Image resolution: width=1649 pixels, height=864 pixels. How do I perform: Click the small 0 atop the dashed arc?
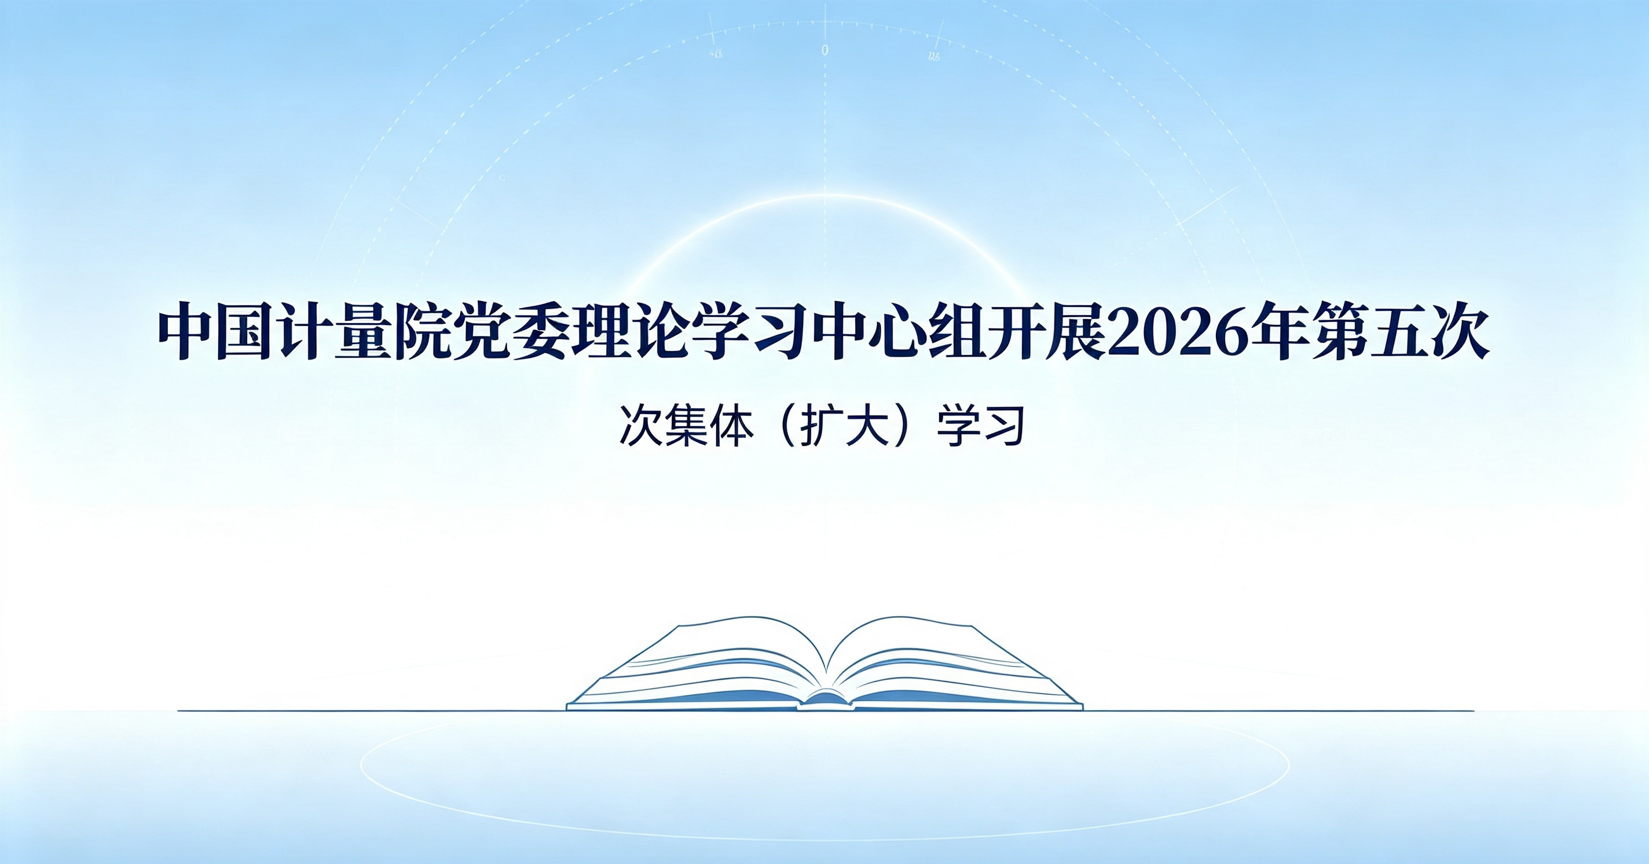click(x=824, y=50)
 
